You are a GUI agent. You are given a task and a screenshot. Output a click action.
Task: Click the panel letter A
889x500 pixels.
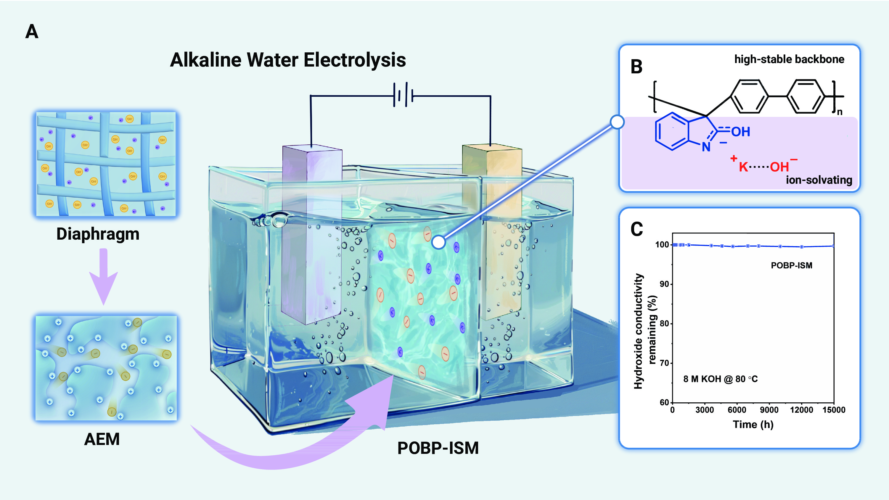(x=32, y=32)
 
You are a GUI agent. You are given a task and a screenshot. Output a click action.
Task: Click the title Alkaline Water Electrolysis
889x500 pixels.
(x=288, y=60)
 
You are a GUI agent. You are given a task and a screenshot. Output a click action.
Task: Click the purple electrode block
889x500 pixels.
(x=311, y=235)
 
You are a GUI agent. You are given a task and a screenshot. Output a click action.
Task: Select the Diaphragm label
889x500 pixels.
(x=98, y=234)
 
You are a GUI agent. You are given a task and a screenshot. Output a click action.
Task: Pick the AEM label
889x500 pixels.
(x=102, y=439)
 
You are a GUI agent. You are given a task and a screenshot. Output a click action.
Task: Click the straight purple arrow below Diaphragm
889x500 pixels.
(x=104, y=276)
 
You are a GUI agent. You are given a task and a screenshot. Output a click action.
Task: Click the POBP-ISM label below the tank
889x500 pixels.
(x=438, y=448)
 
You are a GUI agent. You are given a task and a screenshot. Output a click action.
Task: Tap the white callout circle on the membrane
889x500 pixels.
(x=438, y=242)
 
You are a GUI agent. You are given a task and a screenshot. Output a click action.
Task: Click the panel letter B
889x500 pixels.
(x=636, y=67)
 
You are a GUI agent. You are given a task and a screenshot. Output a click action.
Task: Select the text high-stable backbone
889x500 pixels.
(x=789, y=59)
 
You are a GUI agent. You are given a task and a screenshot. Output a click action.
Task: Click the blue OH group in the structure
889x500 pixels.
(x=741, y=132)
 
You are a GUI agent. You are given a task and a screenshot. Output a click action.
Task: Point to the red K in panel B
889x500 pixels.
(x=743, y=167)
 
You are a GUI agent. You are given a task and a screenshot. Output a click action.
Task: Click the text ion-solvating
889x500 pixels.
(x=819, y=180)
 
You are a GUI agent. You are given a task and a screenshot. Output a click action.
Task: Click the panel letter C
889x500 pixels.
(x=636, y=229)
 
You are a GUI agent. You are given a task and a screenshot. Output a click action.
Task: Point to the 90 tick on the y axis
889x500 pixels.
(x=664, y=284)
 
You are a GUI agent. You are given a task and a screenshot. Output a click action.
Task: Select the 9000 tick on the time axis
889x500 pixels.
(x=769, y=410)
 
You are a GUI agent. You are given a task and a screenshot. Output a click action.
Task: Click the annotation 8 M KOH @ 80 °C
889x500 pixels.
(x=720, y=379)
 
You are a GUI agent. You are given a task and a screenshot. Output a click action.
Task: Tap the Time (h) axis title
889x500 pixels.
(x=753, y=425)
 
